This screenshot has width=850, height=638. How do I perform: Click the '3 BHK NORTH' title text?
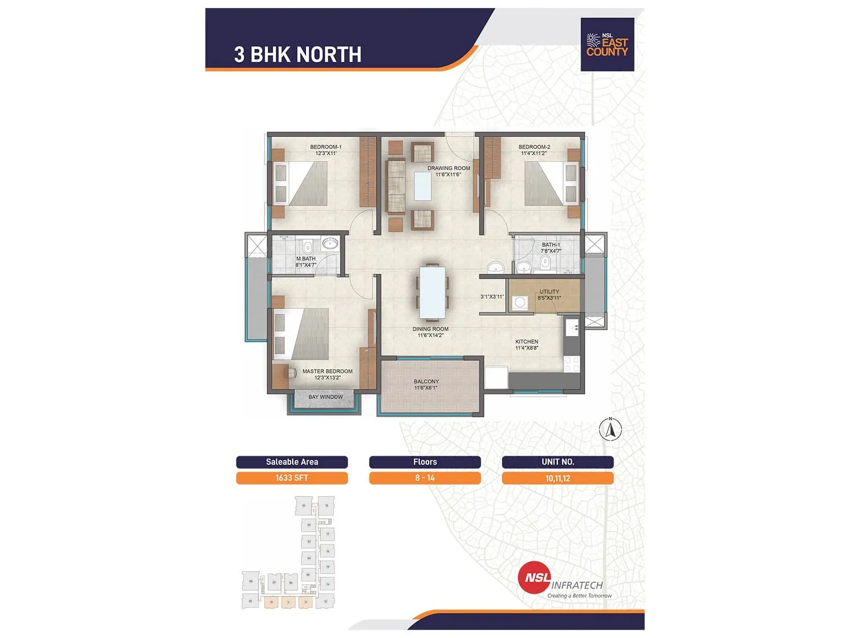coord(297,54)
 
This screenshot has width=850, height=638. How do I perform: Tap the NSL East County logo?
coord(607,45)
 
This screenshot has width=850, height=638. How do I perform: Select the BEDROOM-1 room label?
coord(326,147)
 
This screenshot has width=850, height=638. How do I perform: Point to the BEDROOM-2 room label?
coord(534,147)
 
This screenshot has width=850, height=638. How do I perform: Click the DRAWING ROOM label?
coord(448,169)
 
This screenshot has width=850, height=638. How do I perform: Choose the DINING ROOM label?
coord(430,329)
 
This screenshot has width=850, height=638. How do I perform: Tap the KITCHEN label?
coord(526,342)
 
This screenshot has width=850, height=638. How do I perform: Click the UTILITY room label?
coord(549,292)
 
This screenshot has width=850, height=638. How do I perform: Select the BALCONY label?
coord(426,382)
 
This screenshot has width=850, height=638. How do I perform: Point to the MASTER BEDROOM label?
coord(327,372)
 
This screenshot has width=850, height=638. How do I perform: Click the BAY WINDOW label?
coord(326,397)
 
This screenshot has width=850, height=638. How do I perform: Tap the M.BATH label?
coord(306,259)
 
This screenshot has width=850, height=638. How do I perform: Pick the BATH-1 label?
coord(551,245)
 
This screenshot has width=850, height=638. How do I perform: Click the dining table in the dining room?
coord(432,292)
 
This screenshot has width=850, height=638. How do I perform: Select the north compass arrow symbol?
coord(610,430)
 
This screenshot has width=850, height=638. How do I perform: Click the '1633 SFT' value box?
coord(292,478)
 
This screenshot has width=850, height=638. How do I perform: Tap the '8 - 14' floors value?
coord(425,478)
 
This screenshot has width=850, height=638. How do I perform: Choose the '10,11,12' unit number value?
coord(558,478)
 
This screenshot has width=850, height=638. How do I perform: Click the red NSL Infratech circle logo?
coord(534,578)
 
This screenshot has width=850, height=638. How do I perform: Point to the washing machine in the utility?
coord(520,302)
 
